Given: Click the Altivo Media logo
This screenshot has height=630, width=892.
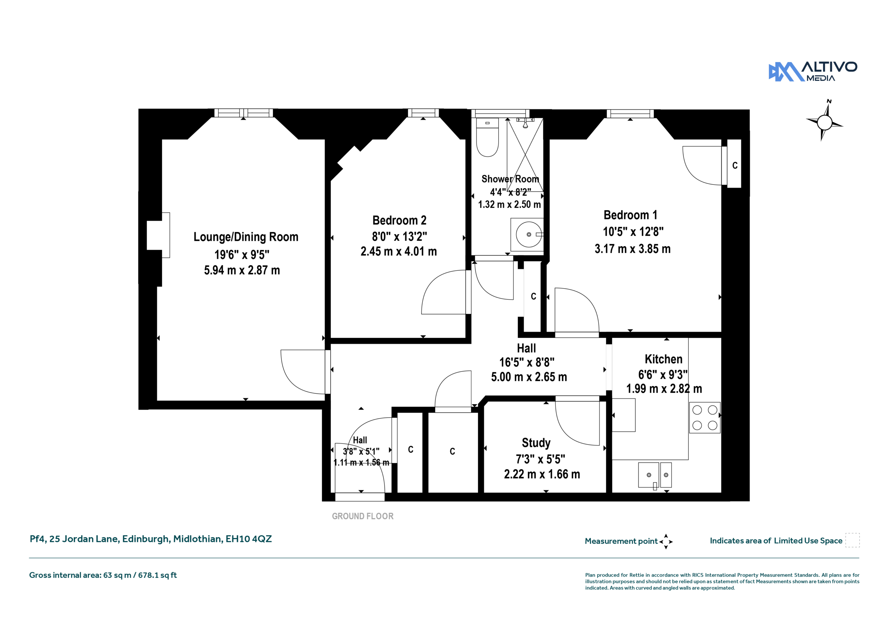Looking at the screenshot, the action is click(813, 71).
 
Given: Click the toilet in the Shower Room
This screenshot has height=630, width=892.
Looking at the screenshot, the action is click(487, 137).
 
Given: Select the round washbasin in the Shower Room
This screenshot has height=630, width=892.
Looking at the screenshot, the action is click(528, 235).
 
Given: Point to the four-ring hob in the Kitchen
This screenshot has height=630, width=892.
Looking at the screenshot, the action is click(705, 418).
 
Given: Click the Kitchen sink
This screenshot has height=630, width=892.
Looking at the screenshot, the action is click(655, 475).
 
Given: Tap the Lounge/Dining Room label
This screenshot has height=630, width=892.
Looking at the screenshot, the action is click(246, 237).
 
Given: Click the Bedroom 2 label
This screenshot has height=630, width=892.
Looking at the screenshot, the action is click(399, 220).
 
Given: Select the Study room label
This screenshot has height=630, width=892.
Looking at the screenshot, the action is click(536, 443).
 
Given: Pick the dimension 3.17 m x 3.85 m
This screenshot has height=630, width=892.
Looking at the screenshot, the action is click(632, 249).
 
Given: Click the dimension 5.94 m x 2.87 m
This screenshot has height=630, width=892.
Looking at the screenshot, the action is click(242, 270).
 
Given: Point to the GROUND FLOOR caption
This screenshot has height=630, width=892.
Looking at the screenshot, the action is click(362, 516).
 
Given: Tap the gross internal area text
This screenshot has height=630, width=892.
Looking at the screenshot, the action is click(103, 575).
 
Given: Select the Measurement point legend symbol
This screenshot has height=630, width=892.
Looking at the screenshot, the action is click(666, 542).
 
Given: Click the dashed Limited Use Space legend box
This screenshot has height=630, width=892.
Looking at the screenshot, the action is click(852, 540).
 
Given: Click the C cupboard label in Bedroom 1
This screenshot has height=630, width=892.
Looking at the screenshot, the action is click(735, 166).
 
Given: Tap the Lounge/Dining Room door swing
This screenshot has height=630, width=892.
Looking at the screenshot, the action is click(303, 372).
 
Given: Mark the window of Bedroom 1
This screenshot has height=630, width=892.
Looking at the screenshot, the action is click(630, 113).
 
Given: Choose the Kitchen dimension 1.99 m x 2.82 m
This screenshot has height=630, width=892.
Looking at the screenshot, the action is click(664, 388).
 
